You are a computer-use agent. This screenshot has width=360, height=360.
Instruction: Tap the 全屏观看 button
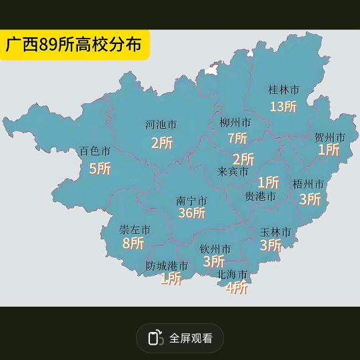[x=180, y=338]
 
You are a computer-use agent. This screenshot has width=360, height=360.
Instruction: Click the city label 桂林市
[x=283, y=89]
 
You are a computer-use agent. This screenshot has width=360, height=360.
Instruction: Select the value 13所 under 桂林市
[x=283, y=106]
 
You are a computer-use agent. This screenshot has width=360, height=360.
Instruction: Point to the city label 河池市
[x=161, y=125]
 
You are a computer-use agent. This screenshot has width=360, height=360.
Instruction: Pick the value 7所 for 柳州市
[x=237, y=138]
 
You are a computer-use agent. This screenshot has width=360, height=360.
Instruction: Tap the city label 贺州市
[x=330, y=137]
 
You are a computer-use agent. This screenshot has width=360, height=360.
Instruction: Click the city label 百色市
[x=95, y=151]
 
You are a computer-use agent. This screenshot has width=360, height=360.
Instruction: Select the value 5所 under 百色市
[x=100, y=168]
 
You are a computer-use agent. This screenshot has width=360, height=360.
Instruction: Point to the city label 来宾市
[x=233, y=171]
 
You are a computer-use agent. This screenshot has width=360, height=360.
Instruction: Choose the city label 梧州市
[x=308, y=183]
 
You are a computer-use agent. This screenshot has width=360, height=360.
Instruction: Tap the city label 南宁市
[x=191, y=200]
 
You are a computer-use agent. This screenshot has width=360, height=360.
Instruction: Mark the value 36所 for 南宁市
[x=191, y=213]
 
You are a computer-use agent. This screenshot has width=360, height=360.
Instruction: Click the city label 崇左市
[x=135, y=230]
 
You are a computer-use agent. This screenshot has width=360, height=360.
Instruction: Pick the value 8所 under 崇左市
[x=133, y=243]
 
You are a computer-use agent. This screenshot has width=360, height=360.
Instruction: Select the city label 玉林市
[x=275, y=232]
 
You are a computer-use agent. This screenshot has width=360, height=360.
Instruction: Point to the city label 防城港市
[x=167, y=266]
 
